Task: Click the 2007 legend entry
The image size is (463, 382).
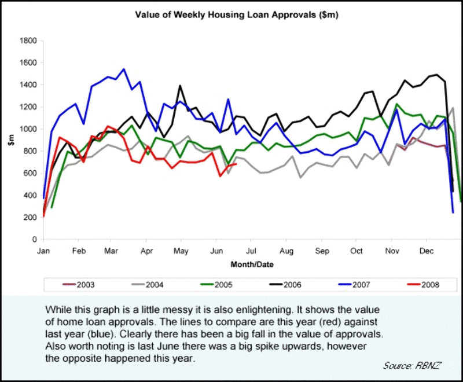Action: point(361,284)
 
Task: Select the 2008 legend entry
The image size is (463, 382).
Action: point(429,284)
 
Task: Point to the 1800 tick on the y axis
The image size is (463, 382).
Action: point(28,41)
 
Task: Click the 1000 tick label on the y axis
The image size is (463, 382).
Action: point(28,129)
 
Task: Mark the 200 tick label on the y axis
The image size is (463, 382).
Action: point(30,218)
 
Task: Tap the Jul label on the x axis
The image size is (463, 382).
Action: point(251,252)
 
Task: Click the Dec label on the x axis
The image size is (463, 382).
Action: point(427,252)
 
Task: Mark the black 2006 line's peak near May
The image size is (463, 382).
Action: point(180,86)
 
